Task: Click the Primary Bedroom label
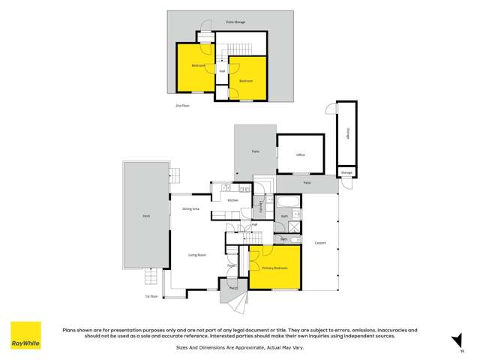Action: pyautogui.click(x=275, y=268)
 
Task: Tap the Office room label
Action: pyautogui.click(x=300, y=154)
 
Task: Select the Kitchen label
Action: pyautogui.click(x=232, y=200)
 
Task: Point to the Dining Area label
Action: pyautogui.click(x=190, y=208)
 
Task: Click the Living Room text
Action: pyautogui.click(x=197, y=255)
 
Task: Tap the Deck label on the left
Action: pyautogui.click(x=146, y=216)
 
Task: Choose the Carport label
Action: pyautogui.click(x=320, y=243)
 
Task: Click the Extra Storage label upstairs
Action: pyautogui.click(x=235, y=22)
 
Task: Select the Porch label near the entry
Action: pyautogui.click(x=233, y=288)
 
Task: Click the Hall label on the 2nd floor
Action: pyautogui.click(x=222, y=71)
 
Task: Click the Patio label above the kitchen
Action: pyautogui.click(x=255, y=152)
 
